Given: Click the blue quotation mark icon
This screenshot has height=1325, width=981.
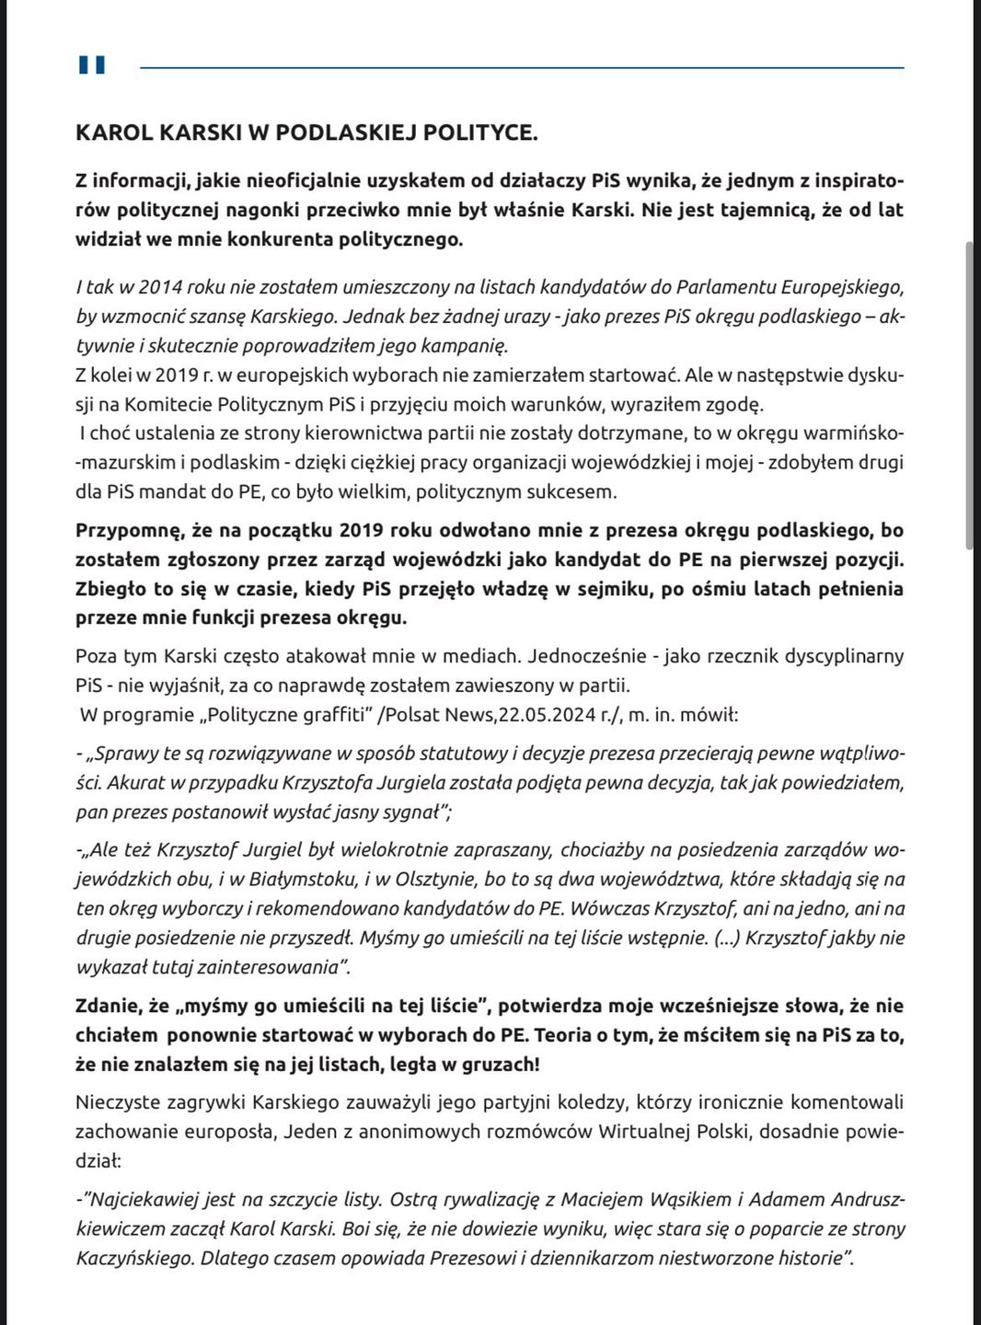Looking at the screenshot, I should tap(92, 64).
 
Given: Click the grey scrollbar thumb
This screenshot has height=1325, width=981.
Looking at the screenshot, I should tap(968, 396).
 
